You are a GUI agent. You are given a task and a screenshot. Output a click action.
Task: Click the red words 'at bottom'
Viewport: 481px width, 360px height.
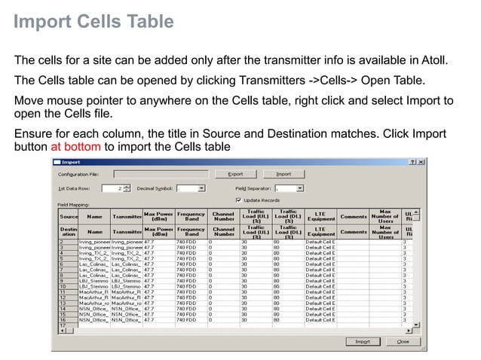75,147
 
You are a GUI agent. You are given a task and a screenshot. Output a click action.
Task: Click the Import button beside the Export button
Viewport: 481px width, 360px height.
283,174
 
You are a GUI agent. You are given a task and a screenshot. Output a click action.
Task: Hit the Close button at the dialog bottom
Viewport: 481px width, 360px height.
403,341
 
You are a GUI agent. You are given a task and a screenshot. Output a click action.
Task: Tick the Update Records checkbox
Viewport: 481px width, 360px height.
239,200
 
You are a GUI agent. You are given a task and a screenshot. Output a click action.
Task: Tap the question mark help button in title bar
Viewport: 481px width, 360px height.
412,162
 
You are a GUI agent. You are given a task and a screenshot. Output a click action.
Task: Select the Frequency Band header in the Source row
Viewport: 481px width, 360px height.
191,216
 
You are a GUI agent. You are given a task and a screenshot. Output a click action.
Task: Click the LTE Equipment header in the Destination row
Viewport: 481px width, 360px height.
320,231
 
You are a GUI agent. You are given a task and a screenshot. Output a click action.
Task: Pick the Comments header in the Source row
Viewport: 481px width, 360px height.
353,216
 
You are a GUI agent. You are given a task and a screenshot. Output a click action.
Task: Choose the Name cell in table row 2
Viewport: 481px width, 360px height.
94,242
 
